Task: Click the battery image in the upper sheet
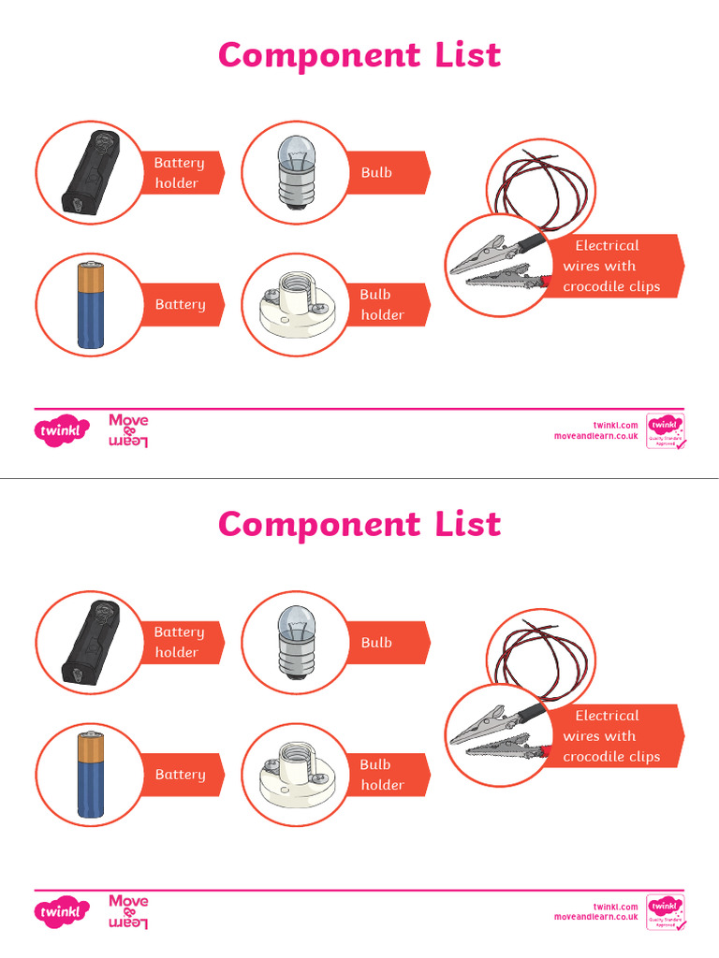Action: coord(91,305)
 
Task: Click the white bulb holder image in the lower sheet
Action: coord(295,776)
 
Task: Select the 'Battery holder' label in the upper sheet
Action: coord(178,173)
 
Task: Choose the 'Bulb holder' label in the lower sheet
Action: coord(382,775)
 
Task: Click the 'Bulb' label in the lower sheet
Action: coord(376,643)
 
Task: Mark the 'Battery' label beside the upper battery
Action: coord(180,305)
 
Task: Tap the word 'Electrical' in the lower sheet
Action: coord(607,716)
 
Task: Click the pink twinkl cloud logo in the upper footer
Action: coord(63,431)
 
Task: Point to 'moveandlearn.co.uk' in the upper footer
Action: coord(595,436)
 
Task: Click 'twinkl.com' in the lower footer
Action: coord(615,907)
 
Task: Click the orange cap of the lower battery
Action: coord(92,744)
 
